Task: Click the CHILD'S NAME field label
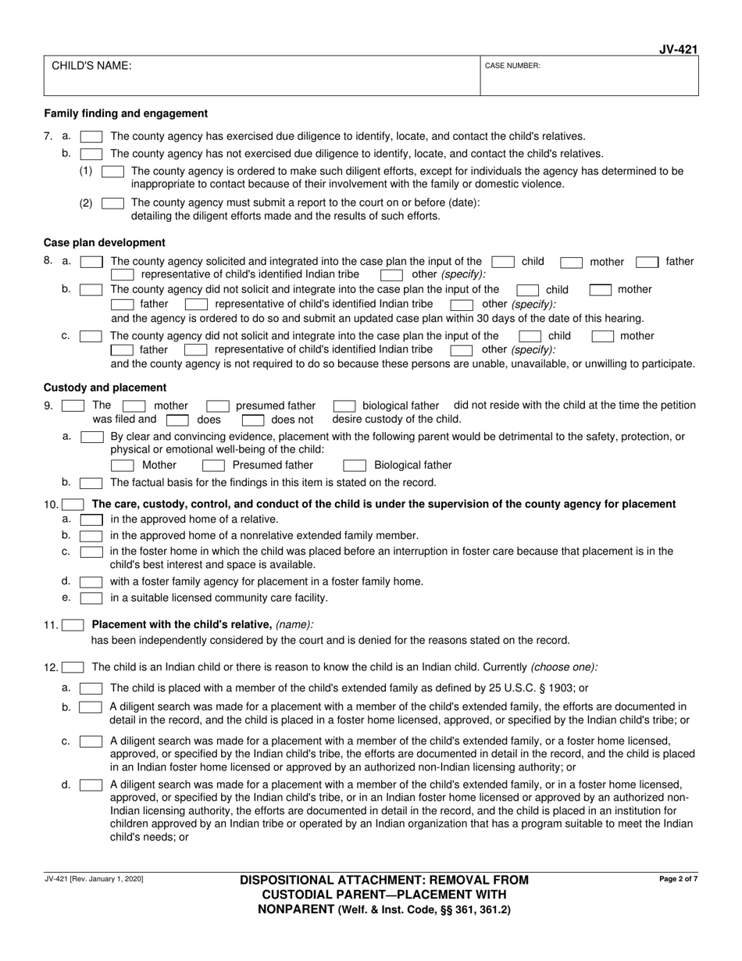(91, 66)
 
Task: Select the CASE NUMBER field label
(512, 66)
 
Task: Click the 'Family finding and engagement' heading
(126, 113)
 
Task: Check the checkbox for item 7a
(91, 136)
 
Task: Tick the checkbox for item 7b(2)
(112, 203)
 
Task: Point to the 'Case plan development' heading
(104, 242)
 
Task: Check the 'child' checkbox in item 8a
(502, 263)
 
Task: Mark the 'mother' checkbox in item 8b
(600, 290)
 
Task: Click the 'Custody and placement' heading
(105, 388)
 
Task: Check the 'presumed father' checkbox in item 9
(217, 406)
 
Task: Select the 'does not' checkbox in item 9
(252, 420)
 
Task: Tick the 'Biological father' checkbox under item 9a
(355, 466)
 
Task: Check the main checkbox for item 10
(73, 505)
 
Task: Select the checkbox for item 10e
(91, 598)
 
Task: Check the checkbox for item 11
(73, 625)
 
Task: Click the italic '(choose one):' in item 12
(565, 667)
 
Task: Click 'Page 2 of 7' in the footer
(678, 880)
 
